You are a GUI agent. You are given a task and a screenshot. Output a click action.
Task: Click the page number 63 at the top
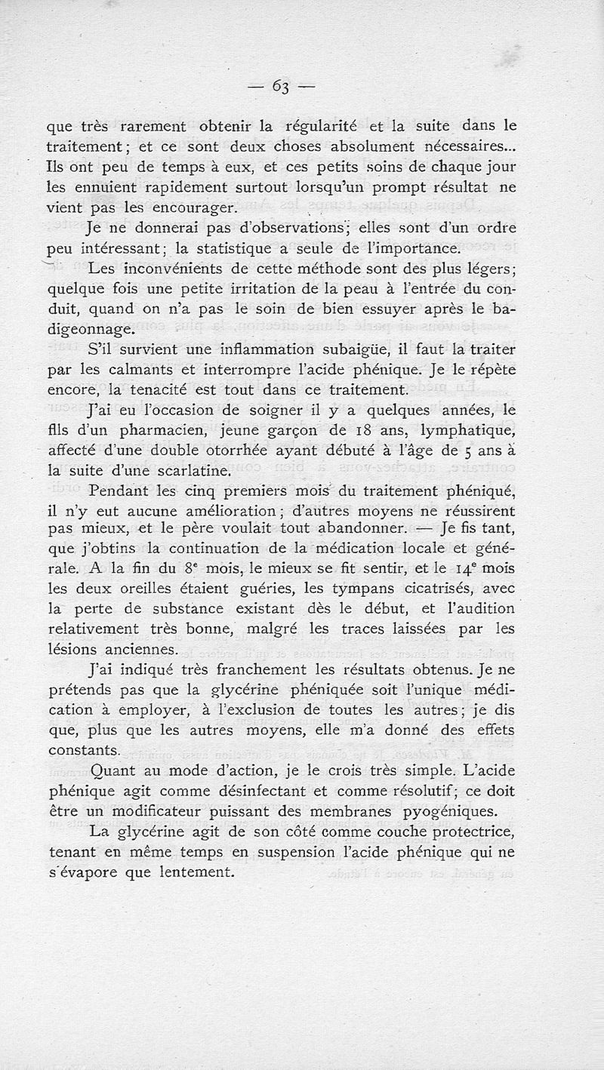pyautogui.click(x=282, y=86)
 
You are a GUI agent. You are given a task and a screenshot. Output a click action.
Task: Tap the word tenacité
pyautogui.click(x=171, y=390)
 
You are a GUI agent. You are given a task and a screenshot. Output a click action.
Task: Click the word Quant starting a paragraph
pyautogui.click(x=113, y=770)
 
